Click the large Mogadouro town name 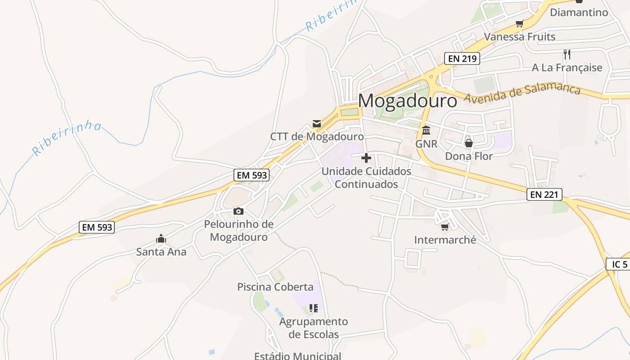[408, 101]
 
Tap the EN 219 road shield [462, 58]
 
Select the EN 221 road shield [544, 194]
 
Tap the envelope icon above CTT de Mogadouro [317, 124]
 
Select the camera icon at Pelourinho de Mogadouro [238, 211]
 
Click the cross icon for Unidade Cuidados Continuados [366, 158]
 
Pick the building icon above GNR [426, 130]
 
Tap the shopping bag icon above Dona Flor [468, 143]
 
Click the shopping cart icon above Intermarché [445, 227]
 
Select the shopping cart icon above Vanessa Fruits [519, 23]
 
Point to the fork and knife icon [567, 54]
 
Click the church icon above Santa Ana [161, 238]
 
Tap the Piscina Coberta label [275, 287]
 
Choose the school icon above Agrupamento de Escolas [314, 308]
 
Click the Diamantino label [579, 12]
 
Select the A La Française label [567, 67]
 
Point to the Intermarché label [445, 240]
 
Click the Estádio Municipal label [297, 356]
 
